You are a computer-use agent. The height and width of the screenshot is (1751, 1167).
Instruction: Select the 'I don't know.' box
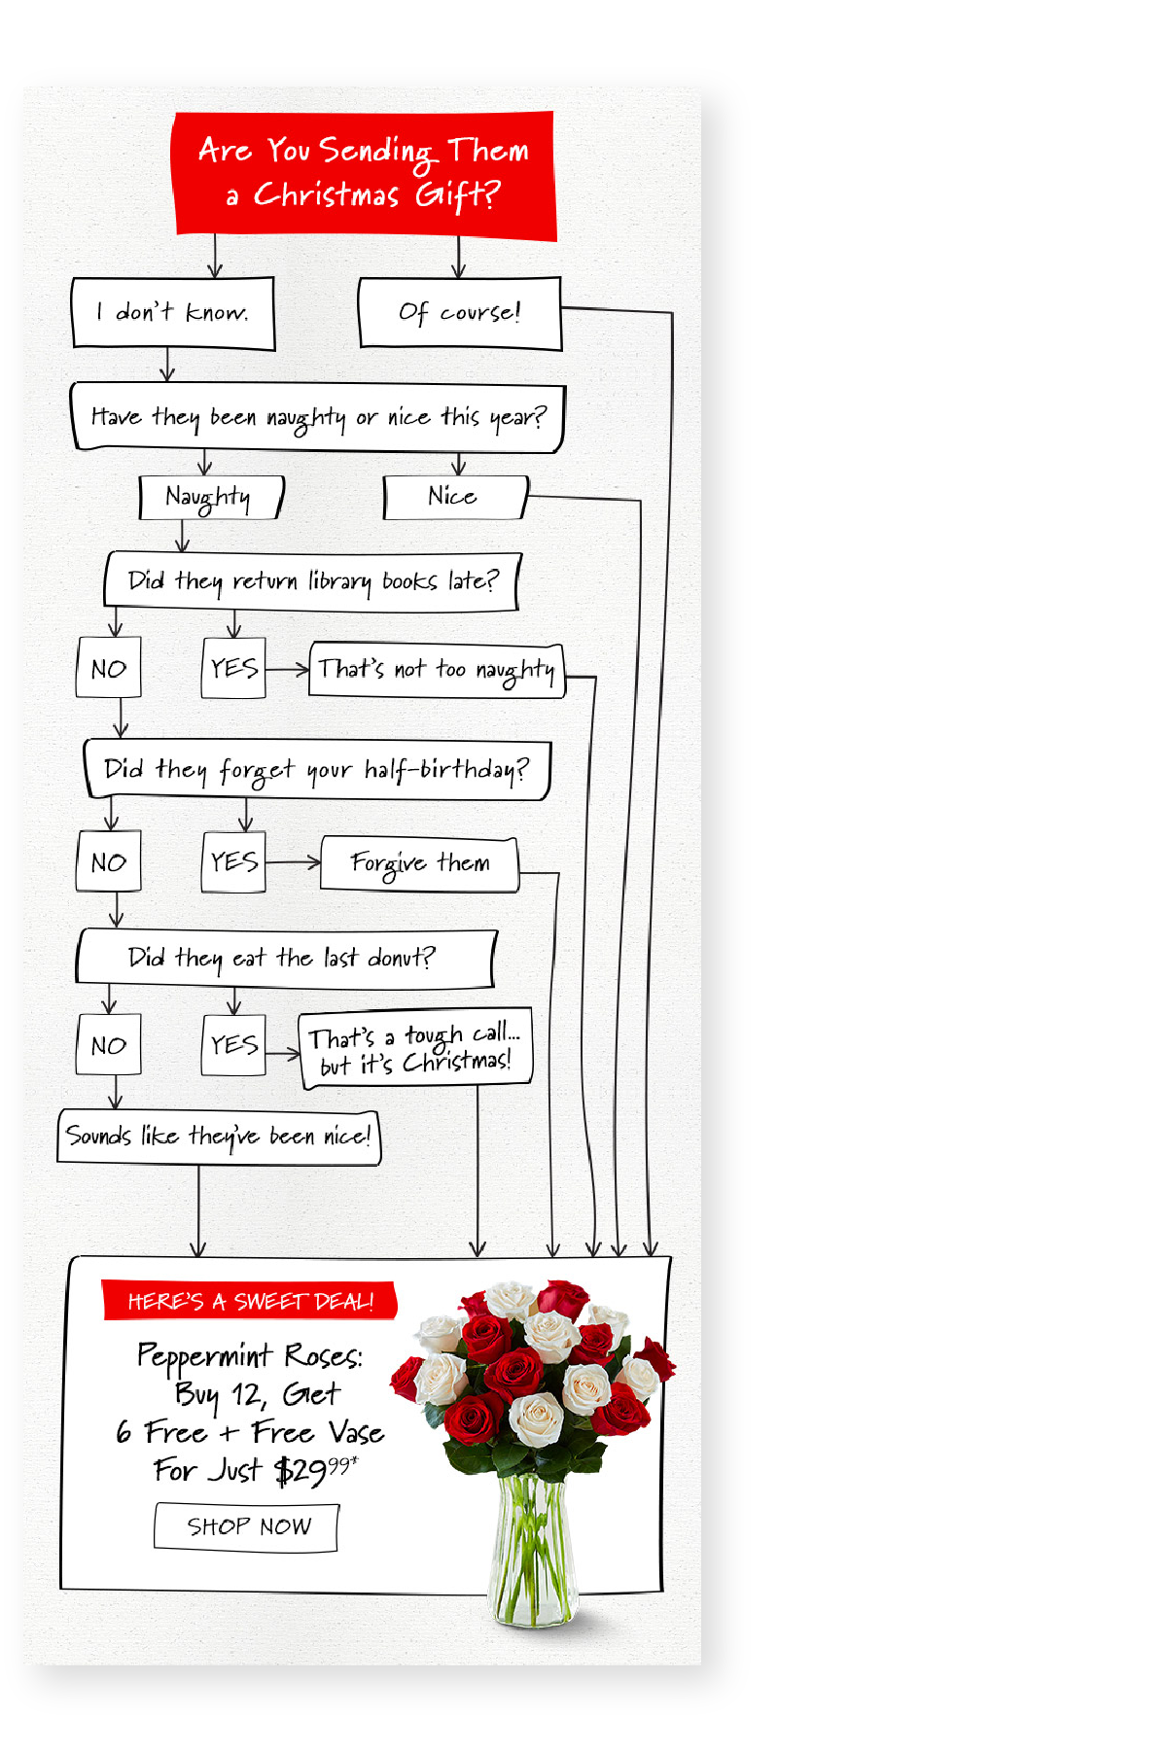[173, 312]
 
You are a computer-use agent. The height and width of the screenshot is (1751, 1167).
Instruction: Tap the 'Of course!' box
[460, 312]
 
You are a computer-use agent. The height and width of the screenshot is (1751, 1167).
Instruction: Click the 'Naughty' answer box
[211, 497]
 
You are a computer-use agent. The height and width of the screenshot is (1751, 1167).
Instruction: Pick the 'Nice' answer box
[455, 497]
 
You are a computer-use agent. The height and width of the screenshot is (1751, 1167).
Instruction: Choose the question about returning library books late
[312, 581]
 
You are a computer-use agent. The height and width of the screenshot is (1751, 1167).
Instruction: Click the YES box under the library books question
[233, 667]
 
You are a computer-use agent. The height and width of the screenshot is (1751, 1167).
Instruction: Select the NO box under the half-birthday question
[109, 861]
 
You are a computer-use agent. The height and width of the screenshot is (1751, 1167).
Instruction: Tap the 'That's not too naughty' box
[437, 669]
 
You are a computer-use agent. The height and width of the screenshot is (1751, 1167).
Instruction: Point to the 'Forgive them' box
[420, 863]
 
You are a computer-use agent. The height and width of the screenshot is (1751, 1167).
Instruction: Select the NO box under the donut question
[109, 1045]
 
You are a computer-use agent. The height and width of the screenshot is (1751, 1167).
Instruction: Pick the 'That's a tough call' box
[415, 1049]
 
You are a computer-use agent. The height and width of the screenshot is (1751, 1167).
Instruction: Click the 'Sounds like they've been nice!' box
[219, 1137]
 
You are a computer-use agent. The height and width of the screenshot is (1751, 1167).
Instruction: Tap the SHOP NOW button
[247, 1526]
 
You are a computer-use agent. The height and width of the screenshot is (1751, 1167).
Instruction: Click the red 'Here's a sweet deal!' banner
[250, 1301]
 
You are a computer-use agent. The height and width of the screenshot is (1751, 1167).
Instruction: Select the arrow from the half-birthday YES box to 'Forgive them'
[293, 862]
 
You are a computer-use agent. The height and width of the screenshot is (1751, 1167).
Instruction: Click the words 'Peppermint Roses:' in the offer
[250, 1355]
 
